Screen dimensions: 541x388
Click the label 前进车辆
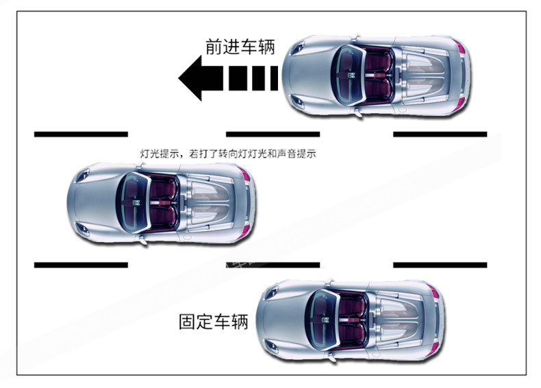pos(240,47)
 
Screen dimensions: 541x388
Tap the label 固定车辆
pos(214,322)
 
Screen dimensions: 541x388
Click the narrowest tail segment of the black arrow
pos(274,78)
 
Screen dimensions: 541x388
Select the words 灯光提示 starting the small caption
pos(160,154)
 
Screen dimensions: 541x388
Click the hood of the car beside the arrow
pos(307,75)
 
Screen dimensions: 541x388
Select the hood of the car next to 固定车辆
pos(282,320)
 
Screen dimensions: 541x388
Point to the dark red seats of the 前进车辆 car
pos(378,75)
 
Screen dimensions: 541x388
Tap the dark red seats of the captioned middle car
pos(163,202)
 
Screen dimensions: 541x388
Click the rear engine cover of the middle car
pos(210,202)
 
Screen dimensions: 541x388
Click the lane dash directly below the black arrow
pos(273,134)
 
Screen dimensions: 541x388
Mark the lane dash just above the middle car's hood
pos(81,134)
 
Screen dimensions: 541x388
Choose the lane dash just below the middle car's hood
pos(81,265)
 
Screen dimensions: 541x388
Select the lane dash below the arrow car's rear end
pos(440,134)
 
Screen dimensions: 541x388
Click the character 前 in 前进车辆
pos(214,47)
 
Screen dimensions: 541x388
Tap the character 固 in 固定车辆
pos(188,322)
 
